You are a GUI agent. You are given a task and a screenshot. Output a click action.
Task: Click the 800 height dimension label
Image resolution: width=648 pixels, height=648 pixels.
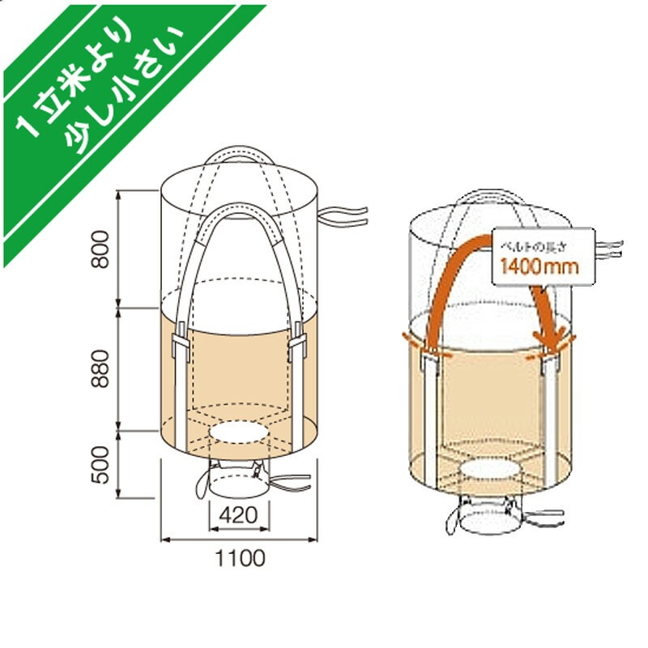coord(98,250)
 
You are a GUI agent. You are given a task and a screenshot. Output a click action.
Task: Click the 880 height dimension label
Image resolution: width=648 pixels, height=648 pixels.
coord(98,369)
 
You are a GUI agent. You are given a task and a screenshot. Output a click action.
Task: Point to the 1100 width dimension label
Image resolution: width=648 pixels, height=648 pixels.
coord(240,558)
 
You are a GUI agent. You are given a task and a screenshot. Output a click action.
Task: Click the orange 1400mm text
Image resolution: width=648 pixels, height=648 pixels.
coord(538,266)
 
